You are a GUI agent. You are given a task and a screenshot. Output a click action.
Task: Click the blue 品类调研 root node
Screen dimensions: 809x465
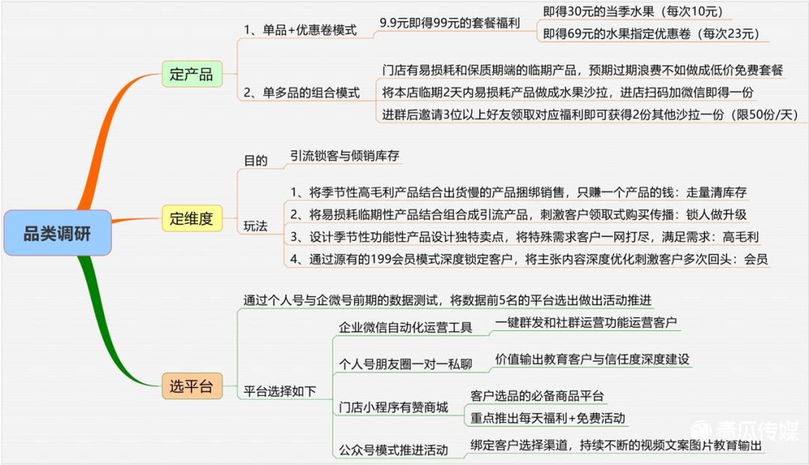click(x=57, y=233)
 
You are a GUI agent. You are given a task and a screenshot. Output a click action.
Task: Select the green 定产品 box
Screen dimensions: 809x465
click(x=192, y=74)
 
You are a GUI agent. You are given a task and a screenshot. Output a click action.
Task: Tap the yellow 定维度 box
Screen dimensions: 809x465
click(x=192, y=218)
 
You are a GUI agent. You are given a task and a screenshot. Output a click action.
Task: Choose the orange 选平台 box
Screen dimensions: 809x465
click(x=192, y=386)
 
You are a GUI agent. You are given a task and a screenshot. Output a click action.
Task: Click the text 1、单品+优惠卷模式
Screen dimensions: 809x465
click(x=300, y=30)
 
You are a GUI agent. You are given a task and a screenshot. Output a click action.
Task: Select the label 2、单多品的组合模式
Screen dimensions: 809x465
click(x=301, y=93)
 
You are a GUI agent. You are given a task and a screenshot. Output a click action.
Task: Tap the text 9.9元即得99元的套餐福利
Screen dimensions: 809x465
click(x=449, y=22)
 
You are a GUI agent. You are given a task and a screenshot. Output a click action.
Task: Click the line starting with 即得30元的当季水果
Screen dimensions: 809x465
click(x=633, y=11)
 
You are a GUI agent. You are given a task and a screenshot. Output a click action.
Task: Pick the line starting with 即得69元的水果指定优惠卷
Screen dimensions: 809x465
click(x=651, y=34)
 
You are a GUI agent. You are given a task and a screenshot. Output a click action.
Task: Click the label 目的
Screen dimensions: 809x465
click(x=255, y=160)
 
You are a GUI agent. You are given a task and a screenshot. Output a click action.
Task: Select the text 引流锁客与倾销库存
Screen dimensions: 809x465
click(x=345, y=156)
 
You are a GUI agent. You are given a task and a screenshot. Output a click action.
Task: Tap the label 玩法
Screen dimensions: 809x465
click(x=255, y=226)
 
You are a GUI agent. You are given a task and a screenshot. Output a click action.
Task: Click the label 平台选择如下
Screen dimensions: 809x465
click(x=279, y=392)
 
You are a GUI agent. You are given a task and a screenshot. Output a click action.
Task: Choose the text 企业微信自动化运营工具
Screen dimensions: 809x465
click(x=405, y=327)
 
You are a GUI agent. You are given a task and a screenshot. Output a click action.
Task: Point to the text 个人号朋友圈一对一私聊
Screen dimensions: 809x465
click(x=405, y=364)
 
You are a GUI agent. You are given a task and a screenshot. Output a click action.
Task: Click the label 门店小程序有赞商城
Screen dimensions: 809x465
click(x=393, y=407)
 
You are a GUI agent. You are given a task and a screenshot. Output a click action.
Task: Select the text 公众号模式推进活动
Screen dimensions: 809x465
click(x=393, y=450)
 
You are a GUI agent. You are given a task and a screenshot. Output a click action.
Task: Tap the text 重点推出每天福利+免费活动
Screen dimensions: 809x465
click(x=548, y=418)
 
